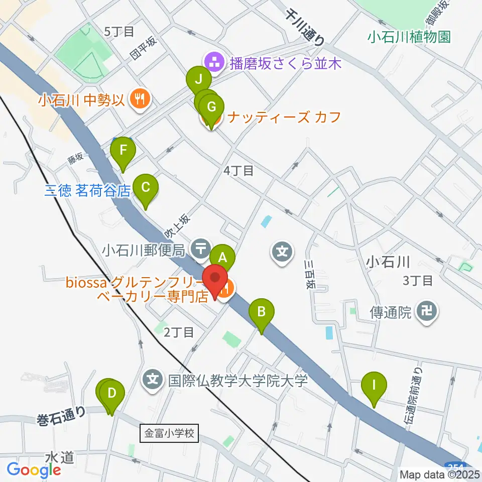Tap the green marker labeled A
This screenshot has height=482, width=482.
tap(223, 258)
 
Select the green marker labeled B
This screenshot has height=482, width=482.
tap(262, 313)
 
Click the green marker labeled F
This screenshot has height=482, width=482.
tap(123, 151)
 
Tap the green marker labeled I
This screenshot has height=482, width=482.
tap(374, 386)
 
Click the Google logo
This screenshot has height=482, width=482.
tap(34, 470)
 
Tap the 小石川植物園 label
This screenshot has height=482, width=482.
tap(409, 37)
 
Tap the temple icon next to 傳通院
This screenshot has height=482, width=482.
tap(428, 312)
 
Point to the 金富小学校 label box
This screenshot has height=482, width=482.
tap(169, 432)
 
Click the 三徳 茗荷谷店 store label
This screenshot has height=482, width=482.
tap(87, 191)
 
